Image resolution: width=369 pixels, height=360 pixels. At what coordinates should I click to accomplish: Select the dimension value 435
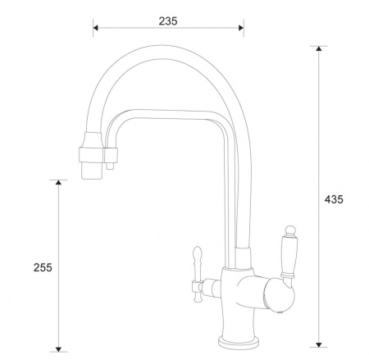[x=334, y=199]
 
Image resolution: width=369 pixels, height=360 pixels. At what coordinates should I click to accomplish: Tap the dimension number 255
[x=43, y=267]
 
